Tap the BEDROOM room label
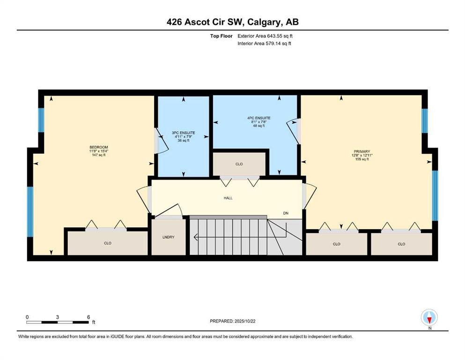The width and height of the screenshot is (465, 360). coord(99,147)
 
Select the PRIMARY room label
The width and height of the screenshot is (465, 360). coord(362,151)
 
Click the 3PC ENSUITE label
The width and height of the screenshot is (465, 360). coord(184,133)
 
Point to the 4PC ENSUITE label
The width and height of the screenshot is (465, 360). coord(259,118)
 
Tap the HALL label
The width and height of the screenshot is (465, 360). coord(228,198)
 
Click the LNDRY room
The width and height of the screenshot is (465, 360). coord(169,237)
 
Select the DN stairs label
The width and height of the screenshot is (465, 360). coord(286,213)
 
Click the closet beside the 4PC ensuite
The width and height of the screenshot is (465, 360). coord(239,164)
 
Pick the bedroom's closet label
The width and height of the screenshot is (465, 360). coord(107,243)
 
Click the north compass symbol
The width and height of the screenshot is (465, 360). coord(429,317)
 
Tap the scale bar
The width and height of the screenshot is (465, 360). coord(57,322)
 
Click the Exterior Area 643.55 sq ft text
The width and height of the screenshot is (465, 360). coord(265,36)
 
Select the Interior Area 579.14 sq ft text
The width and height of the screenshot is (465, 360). coord(264,43)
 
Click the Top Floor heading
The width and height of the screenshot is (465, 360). coord(221,36)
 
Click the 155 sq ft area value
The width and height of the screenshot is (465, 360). coord(362,159)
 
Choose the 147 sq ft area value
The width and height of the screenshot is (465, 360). coord(99,155)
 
